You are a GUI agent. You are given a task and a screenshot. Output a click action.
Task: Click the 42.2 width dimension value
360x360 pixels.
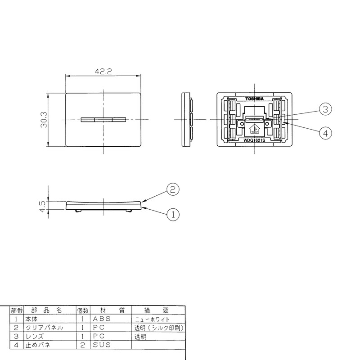(x=103, y=72)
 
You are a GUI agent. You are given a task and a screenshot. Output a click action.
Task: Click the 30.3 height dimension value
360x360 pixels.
(x=44, y=120)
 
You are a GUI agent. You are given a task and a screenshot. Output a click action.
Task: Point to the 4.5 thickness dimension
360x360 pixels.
(x=43, y=207)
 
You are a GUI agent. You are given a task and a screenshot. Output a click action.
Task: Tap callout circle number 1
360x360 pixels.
(x=173, y=215)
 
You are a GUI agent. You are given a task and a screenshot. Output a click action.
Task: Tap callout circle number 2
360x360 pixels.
(x=173, y=189)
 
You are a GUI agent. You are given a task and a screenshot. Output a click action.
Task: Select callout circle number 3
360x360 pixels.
(x=325, y=109)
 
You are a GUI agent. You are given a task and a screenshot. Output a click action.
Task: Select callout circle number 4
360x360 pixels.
(x=325, y=133)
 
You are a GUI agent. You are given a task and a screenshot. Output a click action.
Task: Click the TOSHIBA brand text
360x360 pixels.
(x=254, y=99)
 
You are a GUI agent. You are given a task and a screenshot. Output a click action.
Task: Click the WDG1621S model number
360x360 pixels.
(x=254, y=140)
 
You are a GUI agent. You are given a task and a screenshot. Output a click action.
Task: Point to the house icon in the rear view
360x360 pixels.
(x=254, y=129)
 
